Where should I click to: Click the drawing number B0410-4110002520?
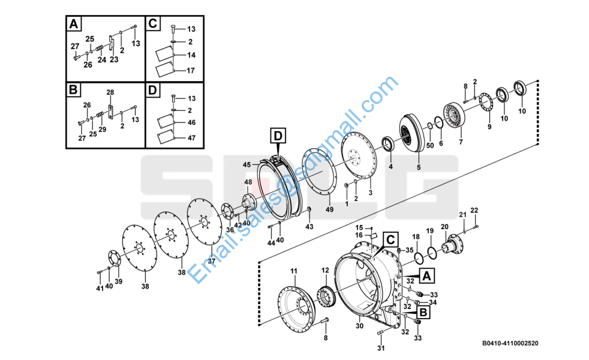tap(510, 343)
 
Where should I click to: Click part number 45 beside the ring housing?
tap(247, 164)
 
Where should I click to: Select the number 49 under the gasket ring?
tap(329, 209)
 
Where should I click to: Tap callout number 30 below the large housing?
tap(359, 326)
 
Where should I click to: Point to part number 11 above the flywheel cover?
tap(294, 271)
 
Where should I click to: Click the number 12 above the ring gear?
tap(325, 270)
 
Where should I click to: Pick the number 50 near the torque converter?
tap(430, 145)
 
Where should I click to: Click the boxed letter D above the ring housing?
tap(278, 136)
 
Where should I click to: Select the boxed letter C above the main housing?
tap(390, 239)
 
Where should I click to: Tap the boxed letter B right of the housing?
tap(423, 312)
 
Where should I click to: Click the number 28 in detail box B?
tap(110, 92)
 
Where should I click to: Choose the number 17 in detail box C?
tap(191, 70)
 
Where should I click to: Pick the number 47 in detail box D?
tap(191, 138)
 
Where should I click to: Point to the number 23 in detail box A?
tap(114, 59)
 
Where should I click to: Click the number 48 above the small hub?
tap(248, 182)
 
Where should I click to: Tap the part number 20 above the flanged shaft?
tap(444, 227)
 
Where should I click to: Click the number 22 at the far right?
tap(474, 210)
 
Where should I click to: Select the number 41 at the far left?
tap(100, 288)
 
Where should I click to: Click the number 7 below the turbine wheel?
tap(461, 142)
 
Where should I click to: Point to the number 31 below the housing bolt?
tap(381, 349)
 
